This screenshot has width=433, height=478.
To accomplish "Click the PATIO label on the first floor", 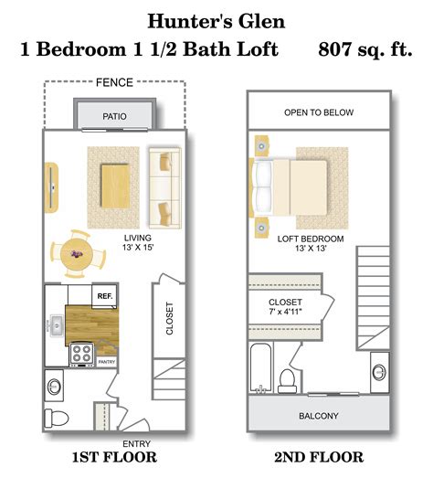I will (x=115, y=116).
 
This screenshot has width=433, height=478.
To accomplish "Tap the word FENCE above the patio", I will (x=114, y=83).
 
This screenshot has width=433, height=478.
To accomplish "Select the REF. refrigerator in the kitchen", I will (x=104, y=296).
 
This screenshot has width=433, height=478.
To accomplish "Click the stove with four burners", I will (x=80, y=353).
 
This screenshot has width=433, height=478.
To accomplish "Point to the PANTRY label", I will (x=106, y=360).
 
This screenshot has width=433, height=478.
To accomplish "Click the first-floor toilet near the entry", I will (x=59, y=416).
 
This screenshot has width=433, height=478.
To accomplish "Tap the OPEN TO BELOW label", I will (x=318, y=113).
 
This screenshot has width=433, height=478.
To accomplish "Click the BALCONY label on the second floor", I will (x=319, y=417).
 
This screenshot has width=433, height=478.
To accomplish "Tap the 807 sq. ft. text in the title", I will (x=364, y=50).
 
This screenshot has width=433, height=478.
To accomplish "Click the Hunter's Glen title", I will (x=216, y=19).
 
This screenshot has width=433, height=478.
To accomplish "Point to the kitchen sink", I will (x=51, y=324).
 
